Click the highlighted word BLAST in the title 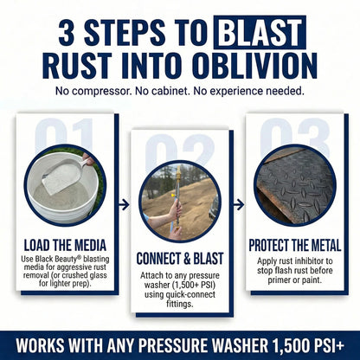point(259,35)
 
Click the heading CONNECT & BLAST point(180,259)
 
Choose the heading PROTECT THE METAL point(296,245)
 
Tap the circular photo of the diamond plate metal point(294,184)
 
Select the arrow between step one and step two point(122,205)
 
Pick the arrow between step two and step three point(238,205)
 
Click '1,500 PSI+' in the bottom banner point(311,339)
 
